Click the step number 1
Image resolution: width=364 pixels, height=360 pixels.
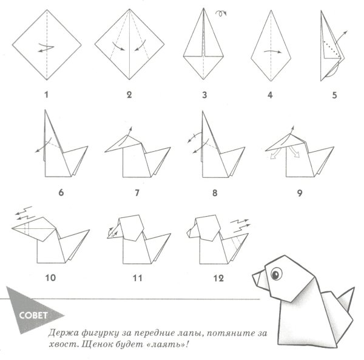point(47,95)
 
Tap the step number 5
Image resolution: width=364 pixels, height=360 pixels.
point(334,95)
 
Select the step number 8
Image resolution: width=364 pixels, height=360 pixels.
point(215,193)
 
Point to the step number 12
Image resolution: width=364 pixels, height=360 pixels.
point(218,278)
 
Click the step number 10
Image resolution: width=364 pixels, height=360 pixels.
point(50,278)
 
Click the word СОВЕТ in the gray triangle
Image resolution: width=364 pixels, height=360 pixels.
point(33,315)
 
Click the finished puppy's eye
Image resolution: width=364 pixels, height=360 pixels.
point(276,274)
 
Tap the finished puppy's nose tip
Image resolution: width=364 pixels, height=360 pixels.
point(253,276)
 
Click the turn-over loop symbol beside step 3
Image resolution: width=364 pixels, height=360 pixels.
point(221,13)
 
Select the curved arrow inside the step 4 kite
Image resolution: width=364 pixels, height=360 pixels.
point(273,52)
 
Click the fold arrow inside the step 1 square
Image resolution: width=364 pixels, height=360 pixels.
point(46,47)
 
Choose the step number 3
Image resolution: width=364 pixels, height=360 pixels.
point(204,95)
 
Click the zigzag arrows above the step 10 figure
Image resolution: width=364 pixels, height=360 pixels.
point(24,213)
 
